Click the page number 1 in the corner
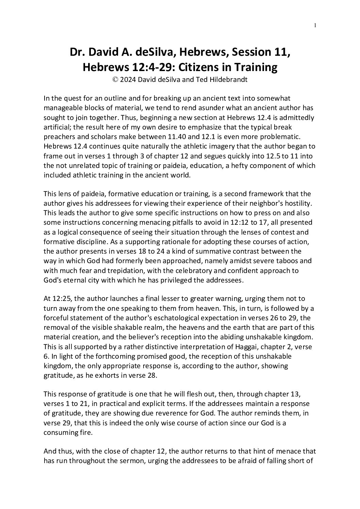315,25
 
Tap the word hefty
238,166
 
